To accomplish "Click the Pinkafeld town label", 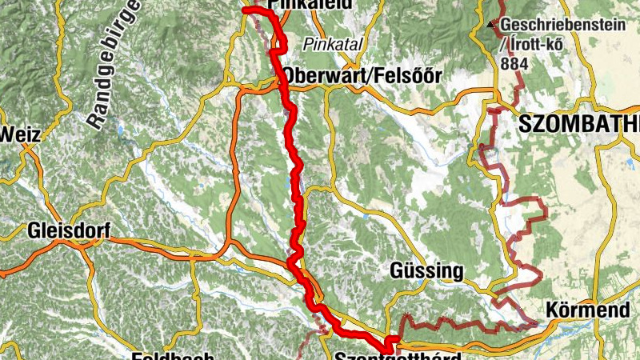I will pos(297,5).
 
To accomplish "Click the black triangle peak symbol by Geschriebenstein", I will pos(490,25).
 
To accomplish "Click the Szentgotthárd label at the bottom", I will pos(398,356).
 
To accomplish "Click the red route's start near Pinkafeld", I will pos(246,10).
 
